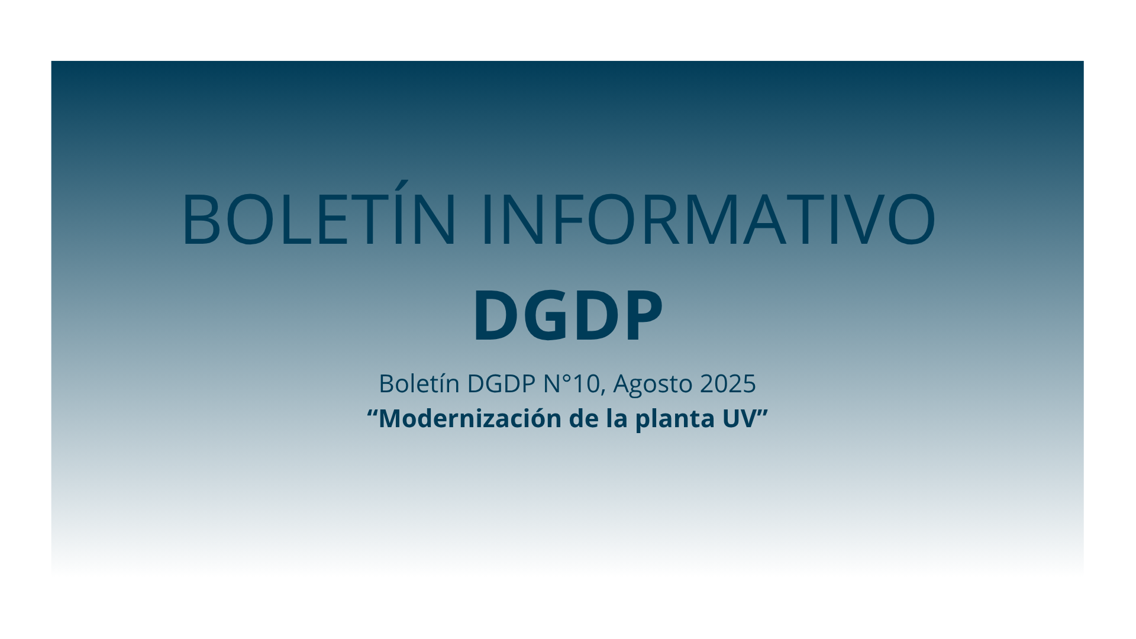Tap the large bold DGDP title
pos(567,315)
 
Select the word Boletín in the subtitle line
pos(419,383)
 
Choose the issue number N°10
pos(572,383)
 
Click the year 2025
pos(728,383)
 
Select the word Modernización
pos(470,418)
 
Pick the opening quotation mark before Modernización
pos(372,412)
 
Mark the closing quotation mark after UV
pos(763,412)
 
